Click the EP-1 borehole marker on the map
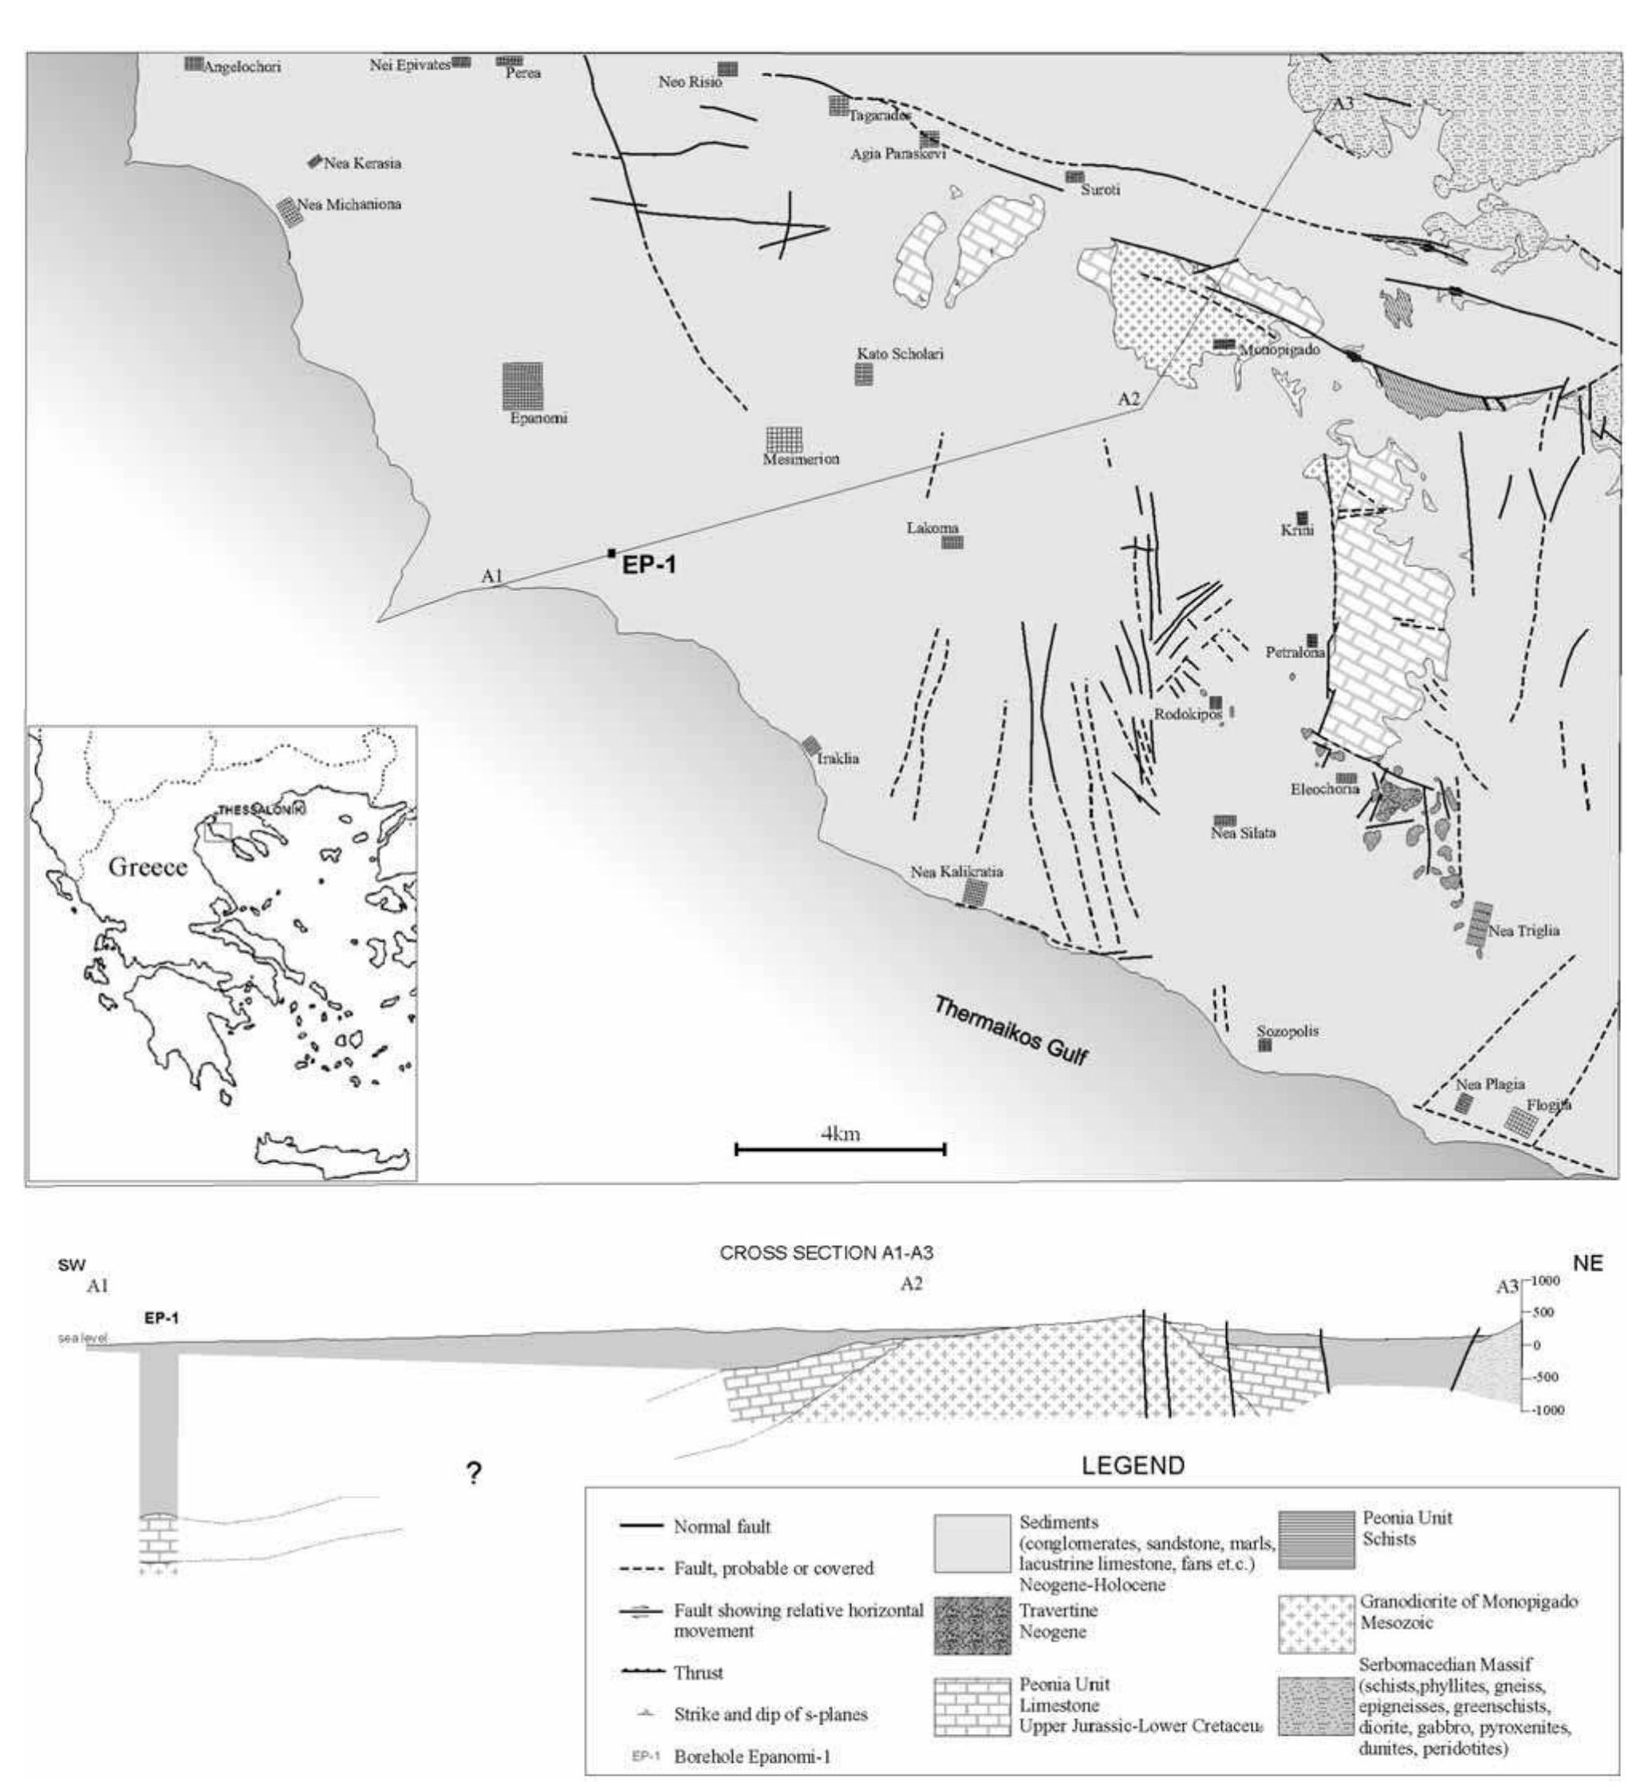[x=612, y=554]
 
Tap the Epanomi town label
[x=538, y=418]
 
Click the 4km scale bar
[x=839, y=1150]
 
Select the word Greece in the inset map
[x=148, y=867]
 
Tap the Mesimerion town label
[x=801, y=459]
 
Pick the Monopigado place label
[x=1279, y=349]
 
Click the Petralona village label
[x=1295, y=653]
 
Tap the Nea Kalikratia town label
[x=956, y=872]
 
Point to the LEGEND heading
[x=1133, y=1465]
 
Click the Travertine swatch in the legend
[x=972, y=1626]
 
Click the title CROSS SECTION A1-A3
[x=826, y=1253]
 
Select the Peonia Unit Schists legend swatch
[x=1316, y=1541]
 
